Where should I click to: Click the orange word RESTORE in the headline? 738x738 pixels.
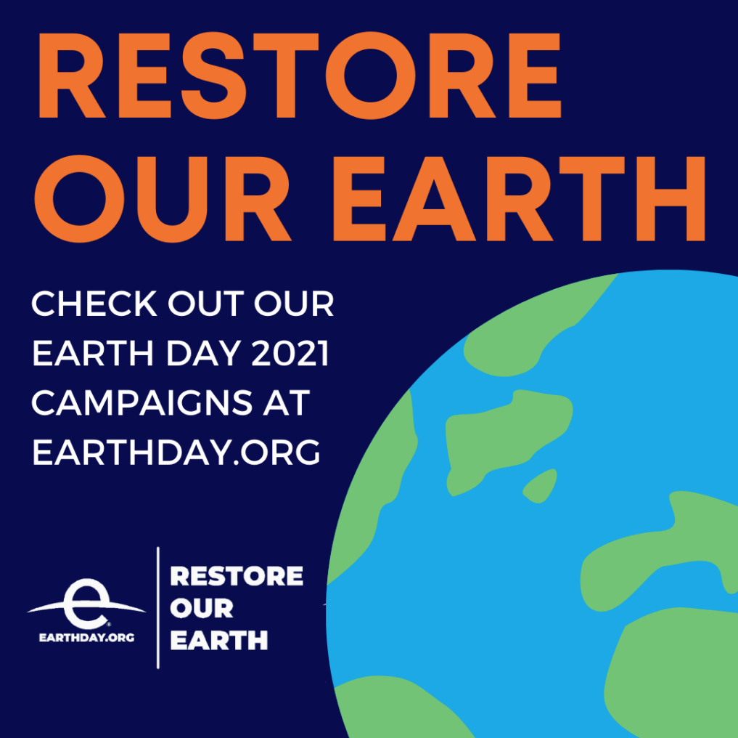(x=300, y=76)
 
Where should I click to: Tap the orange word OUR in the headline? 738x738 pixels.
(x=163, y=198)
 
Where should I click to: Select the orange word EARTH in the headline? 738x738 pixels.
(x=519, y=198)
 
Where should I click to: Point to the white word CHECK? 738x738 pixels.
(x=94, y=304)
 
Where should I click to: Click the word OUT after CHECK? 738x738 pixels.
(x=206, y=304)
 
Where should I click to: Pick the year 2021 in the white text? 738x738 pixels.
(x=290, y=353)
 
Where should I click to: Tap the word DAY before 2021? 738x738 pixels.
(x=203, y=353)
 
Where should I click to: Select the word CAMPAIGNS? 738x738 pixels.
(x=142, y=402)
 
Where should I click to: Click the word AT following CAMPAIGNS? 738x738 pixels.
(x=286, y=402)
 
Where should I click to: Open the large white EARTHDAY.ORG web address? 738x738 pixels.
(x=176, y=452)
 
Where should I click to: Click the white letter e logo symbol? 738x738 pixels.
(x=86, y=604)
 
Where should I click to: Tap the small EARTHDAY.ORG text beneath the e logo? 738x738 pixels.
(x=87, y=638)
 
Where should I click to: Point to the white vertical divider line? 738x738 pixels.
(x=158, y=607)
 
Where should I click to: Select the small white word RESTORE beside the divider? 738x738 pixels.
(x=237, y=576)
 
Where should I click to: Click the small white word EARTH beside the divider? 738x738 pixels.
(x=219, y=640)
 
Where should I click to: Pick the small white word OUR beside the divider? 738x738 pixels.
(x=202, y=608)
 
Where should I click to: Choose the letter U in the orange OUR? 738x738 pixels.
(x=173, y=199)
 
